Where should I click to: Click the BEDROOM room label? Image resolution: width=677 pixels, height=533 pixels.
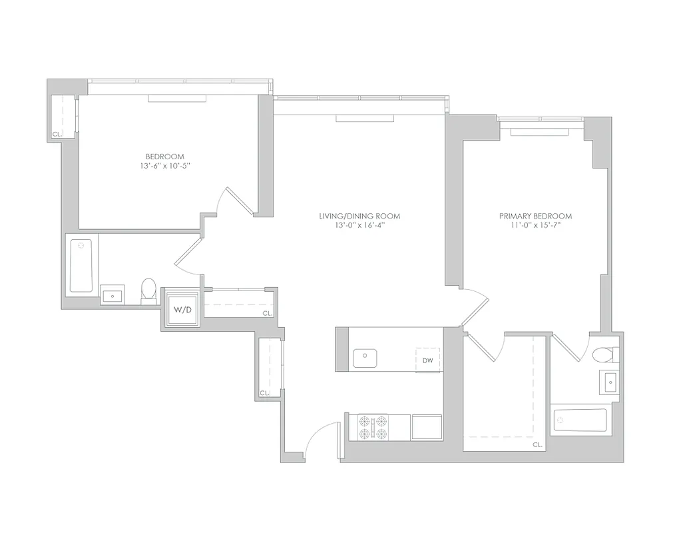coord(164,157)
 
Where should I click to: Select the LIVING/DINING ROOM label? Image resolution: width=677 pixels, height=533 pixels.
coord(359,216)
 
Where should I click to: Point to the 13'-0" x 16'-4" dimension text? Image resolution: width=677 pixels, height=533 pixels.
coord(359,225)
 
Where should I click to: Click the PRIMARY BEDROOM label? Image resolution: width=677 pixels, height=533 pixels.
coord(535,216)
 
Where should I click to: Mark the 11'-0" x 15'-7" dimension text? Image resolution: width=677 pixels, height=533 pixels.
coord(535,225)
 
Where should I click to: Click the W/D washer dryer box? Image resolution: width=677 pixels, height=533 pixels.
coord(182,310)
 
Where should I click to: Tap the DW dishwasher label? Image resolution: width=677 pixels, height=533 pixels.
coord(428,360)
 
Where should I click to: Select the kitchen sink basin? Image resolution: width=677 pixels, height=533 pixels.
coord(364,358)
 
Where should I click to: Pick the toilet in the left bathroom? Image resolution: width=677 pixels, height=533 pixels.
coord(148,290)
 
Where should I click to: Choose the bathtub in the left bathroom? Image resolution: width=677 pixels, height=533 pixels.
coord(81,266)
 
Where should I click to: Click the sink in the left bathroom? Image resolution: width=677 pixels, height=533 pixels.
coord(112,294)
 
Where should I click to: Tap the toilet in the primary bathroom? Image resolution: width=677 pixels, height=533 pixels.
coord(604,354)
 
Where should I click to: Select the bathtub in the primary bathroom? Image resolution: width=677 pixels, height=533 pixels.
coord(579,420)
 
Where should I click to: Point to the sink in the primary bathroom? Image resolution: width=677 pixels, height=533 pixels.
coord(610,382)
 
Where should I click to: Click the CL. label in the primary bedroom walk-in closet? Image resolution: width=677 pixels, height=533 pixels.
coord(537,444)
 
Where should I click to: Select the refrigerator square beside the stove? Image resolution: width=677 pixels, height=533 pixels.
coord(427,427)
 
